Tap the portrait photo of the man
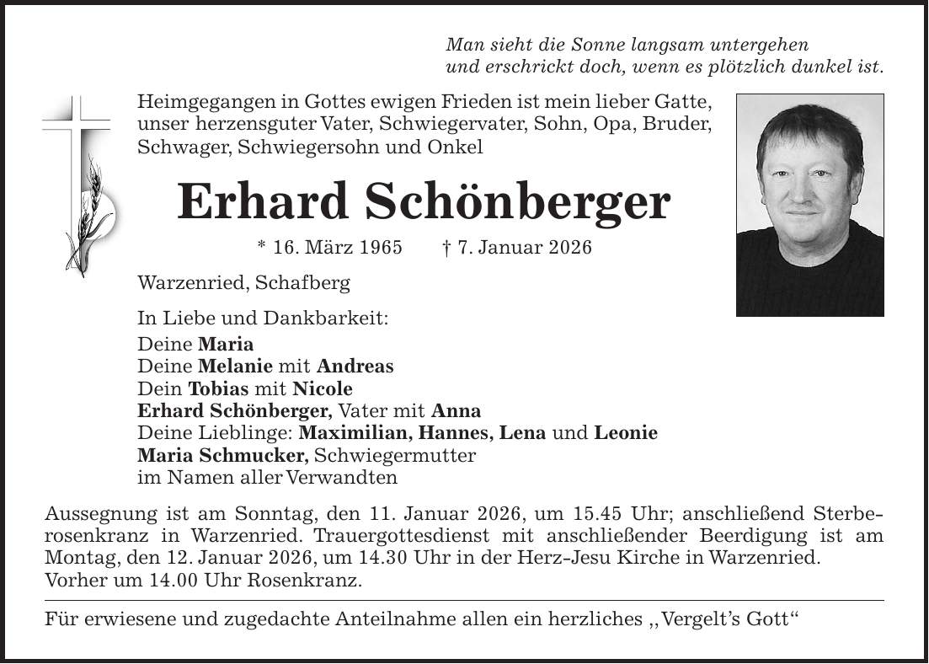[809, 205]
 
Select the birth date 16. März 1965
[323, 249]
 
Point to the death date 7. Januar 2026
[516, 249]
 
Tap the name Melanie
[236, 367]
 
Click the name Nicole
[323, 389]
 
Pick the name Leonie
[626, 433]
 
